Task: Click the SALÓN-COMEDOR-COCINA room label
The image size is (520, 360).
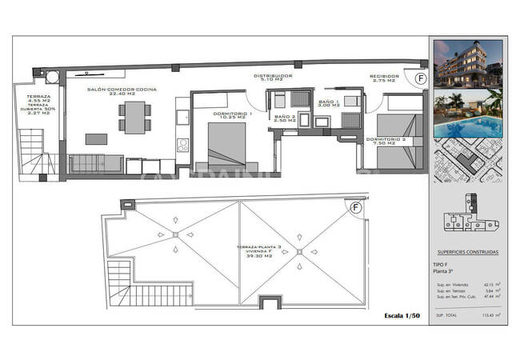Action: click(x=122, y=90)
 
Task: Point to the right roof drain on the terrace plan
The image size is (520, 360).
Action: click(x=299, y=253)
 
